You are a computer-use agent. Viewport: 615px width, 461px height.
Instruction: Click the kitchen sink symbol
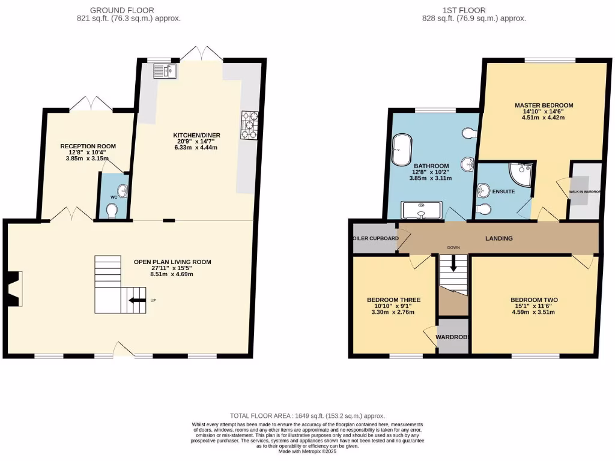coord(163,71)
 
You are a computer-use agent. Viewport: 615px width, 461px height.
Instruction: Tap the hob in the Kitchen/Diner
coord(248,125)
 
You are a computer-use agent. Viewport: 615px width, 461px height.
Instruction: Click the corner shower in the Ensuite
coord(521,173)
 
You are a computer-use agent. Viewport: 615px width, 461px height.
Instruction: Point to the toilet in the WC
coord(112,211)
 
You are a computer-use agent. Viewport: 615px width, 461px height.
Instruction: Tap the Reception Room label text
coord(88,146)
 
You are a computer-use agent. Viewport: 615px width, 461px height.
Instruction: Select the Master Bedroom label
coord(544,105)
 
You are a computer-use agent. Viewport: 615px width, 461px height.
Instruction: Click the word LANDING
coord(498,238)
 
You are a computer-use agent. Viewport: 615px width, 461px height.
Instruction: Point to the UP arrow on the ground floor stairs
coord(138,300)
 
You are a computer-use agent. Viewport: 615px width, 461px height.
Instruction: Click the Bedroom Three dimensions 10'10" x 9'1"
coord(393,306)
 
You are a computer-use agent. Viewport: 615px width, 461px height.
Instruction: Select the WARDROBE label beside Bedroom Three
coord(452,337)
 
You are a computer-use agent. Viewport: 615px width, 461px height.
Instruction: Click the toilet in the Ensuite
coord(486,209)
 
